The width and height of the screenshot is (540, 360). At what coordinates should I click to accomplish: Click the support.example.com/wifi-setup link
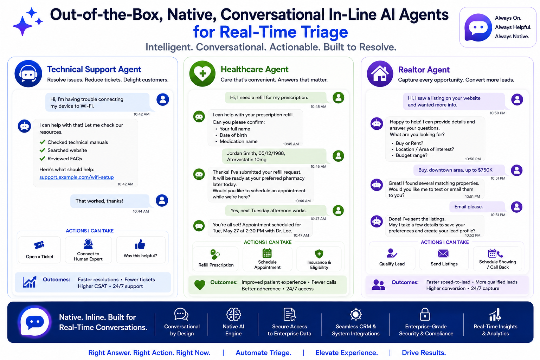[76, 177]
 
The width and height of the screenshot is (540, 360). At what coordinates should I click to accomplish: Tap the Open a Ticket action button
[39, 250]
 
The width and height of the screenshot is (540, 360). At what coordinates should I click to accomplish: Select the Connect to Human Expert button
[88, 250]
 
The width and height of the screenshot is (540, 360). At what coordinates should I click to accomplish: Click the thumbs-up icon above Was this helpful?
[140, 244]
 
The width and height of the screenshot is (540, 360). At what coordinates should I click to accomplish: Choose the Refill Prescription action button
[216, 259]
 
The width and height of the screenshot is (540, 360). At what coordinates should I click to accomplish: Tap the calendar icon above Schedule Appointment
[267, 253]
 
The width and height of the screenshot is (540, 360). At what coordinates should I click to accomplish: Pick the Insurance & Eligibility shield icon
[319, 254]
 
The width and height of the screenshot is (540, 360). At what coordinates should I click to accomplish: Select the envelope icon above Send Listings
[443, 254]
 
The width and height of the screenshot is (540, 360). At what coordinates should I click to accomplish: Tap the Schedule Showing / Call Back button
[497, 258]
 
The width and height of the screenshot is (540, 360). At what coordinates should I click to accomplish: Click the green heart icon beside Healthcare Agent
[202, 73]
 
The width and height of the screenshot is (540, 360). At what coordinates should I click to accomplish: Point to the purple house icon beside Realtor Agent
[380, 73]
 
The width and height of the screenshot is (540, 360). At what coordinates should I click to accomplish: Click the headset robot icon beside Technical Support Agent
[28, 73]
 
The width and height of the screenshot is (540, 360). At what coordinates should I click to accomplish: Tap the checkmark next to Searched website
[43, 150]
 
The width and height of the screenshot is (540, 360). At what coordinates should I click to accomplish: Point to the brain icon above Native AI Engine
[233, 314]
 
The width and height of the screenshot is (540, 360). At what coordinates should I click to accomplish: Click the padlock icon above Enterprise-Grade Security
[425, 314]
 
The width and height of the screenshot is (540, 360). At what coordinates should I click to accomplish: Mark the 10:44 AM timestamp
[141, 211]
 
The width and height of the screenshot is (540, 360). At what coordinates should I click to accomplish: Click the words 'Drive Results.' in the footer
[424, 353]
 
